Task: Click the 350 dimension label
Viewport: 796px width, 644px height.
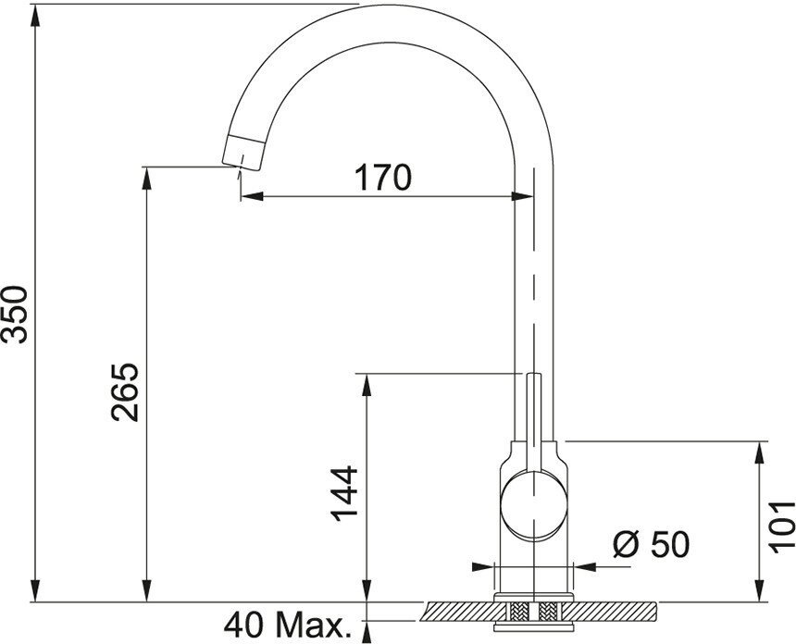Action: point(14,315)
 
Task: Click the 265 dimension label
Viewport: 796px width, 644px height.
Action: point(125,392)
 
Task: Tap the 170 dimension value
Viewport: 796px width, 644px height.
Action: point(383,178)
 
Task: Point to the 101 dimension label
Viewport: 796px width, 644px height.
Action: point(781,527)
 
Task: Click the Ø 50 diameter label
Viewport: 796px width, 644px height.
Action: point(652,545)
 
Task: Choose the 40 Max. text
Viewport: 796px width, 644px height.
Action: point(288,625)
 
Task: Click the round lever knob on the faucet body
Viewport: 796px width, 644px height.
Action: point(533,504)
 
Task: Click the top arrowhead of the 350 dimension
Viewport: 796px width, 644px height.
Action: point(34,17)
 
